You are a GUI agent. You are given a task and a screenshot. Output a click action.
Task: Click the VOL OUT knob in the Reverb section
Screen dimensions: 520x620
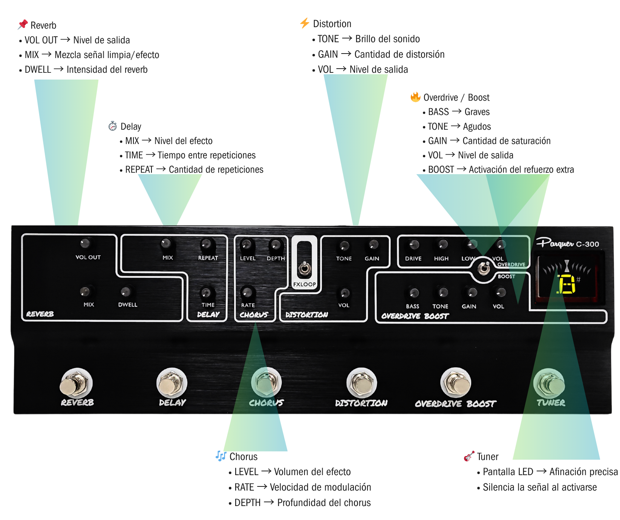(85, 243)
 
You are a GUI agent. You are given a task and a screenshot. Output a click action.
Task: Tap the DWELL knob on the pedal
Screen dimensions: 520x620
(126, 291)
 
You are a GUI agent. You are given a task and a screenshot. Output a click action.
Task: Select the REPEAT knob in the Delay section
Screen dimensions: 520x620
(206, 244)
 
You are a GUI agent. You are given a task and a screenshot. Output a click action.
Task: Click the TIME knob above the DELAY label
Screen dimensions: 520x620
(206, 292)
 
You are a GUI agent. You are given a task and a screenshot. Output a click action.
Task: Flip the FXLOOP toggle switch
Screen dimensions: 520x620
(305, 269)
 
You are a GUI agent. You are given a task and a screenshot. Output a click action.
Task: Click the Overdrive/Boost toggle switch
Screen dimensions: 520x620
(484, 268)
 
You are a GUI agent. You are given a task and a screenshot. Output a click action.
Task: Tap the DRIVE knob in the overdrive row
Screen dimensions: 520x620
(414, 245)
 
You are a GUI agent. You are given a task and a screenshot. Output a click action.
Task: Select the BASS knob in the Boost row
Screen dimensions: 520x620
(414, 293)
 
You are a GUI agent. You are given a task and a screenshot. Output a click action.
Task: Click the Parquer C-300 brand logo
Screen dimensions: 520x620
(567, 243)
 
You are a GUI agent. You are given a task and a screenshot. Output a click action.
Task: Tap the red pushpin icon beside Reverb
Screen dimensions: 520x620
(23, 24)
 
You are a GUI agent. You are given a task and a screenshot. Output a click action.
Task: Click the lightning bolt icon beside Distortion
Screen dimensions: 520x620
(305, 23)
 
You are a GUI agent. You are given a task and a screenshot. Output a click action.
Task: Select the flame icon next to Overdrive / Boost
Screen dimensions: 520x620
(415, 97)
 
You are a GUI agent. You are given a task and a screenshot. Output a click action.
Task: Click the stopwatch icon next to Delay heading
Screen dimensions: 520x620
(112, 126)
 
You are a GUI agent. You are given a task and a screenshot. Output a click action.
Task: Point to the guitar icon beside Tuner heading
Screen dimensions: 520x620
(469, 456)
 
